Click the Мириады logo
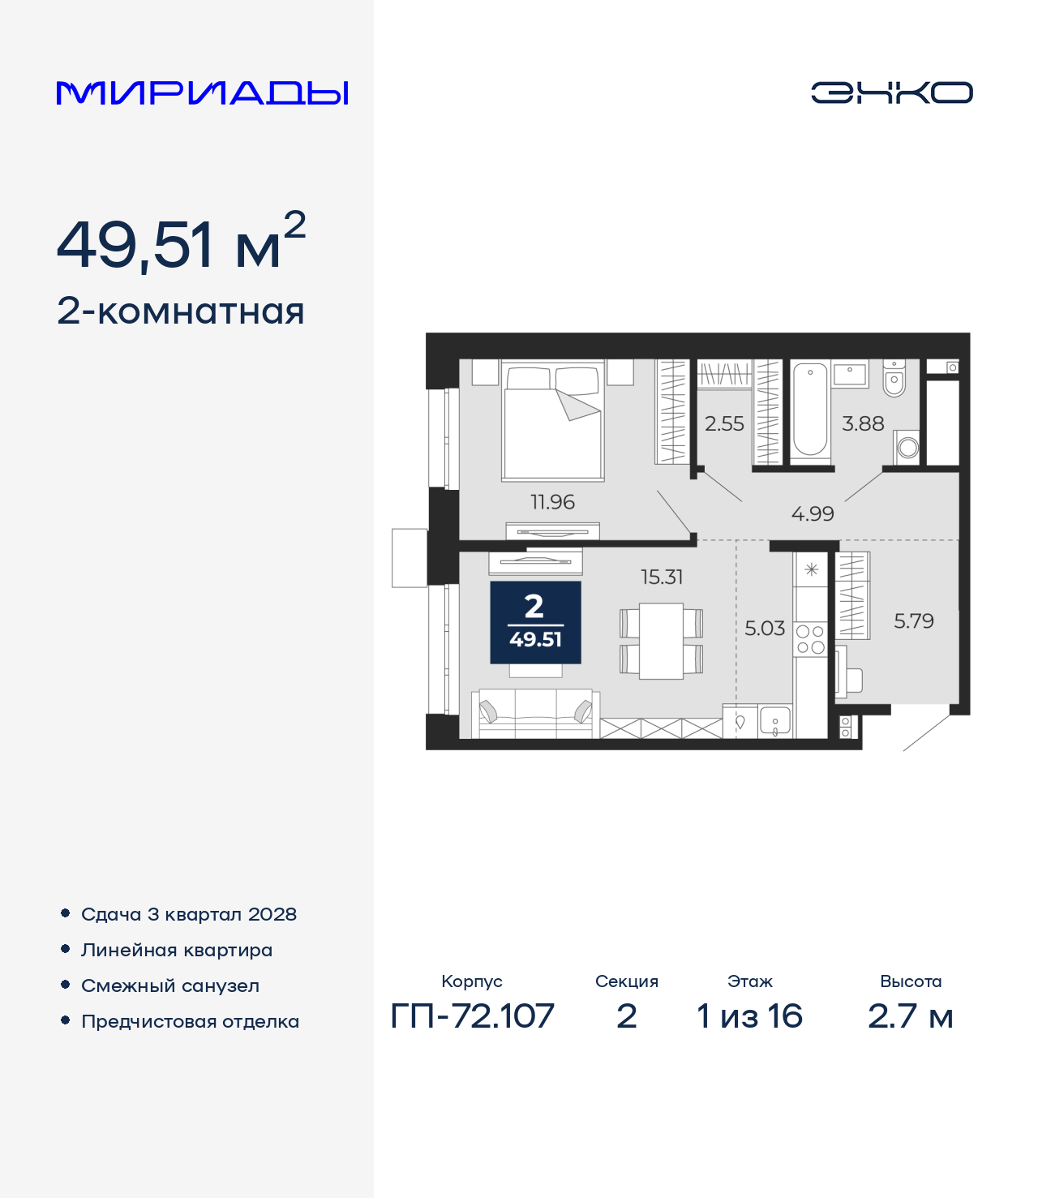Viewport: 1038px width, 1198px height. pos(202,92)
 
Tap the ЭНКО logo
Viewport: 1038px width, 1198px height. pos(891,92)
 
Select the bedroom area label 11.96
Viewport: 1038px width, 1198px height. pos(552,502)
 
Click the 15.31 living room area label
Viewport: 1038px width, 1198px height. pos(661,577)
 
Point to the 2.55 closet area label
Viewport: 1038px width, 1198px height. pos(724,423)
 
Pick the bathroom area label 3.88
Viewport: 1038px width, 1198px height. pos(863,423)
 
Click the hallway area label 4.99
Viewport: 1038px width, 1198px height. pos(813,513)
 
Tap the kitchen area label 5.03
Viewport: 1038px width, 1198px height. pos(765,629)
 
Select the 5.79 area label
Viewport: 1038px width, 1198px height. pos(913,621)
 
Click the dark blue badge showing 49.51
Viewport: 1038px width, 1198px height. pos(535,622)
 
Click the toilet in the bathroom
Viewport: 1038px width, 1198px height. pos(894,378)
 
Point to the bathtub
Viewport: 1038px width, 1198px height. pos(809,409)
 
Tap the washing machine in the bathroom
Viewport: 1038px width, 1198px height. pos(907,447)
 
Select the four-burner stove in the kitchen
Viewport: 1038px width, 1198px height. pos(810,639)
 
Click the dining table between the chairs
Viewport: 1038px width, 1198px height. pos(661,641)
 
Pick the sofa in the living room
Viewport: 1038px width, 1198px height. pos(534,714)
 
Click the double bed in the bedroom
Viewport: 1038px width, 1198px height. pos(553,421)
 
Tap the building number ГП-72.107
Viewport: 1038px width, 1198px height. pos(472,1032)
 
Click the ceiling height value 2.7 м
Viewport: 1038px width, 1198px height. pos(910,1033)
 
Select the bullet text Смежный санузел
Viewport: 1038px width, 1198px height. pos(170,985)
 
